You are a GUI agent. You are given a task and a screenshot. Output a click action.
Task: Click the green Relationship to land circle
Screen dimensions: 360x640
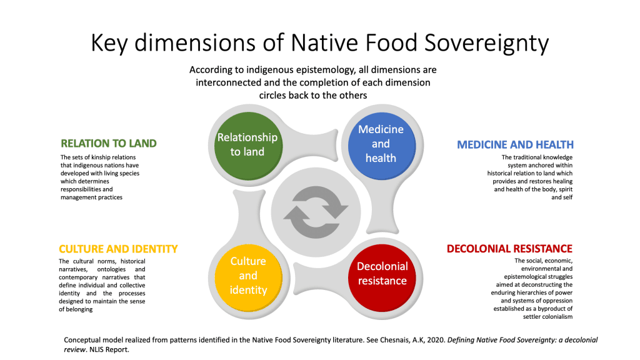point(246,144)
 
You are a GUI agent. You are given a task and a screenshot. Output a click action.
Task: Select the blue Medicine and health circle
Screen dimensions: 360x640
point(381,143)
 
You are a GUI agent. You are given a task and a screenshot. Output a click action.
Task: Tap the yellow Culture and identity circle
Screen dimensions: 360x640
point(247,275)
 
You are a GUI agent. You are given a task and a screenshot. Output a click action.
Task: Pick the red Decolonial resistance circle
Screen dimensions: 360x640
point(382,274)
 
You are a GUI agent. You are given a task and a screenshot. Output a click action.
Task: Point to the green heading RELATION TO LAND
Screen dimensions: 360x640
point(108,144)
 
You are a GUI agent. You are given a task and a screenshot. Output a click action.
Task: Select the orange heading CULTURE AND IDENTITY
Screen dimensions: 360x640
point(118,248)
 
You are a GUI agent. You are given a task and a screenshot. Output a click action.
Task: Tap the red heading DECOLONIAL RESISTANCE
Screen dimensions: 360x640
point(509,249)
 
